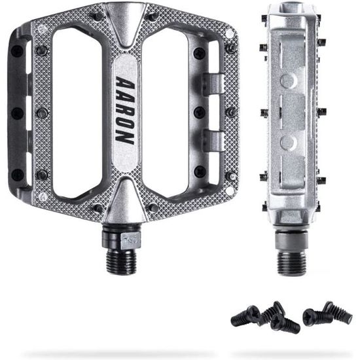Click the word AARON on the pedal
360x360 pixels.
pyautogui.click(x=125, y=111)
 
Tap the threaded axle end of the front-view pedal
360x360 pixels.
pyautogui.click(x=121, y=262)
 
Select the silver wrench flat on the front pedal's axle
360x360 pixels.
pyautogui.click(x=130, y=241)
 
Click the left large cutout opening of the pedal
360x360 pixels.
pyautogui.click(x=77, y=113)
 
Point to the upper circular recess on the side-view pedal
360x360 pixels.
pyautogui.click(x=288, y=80)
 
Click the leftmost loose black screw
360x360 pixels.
pyautogui.click(x=245, y=316)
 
